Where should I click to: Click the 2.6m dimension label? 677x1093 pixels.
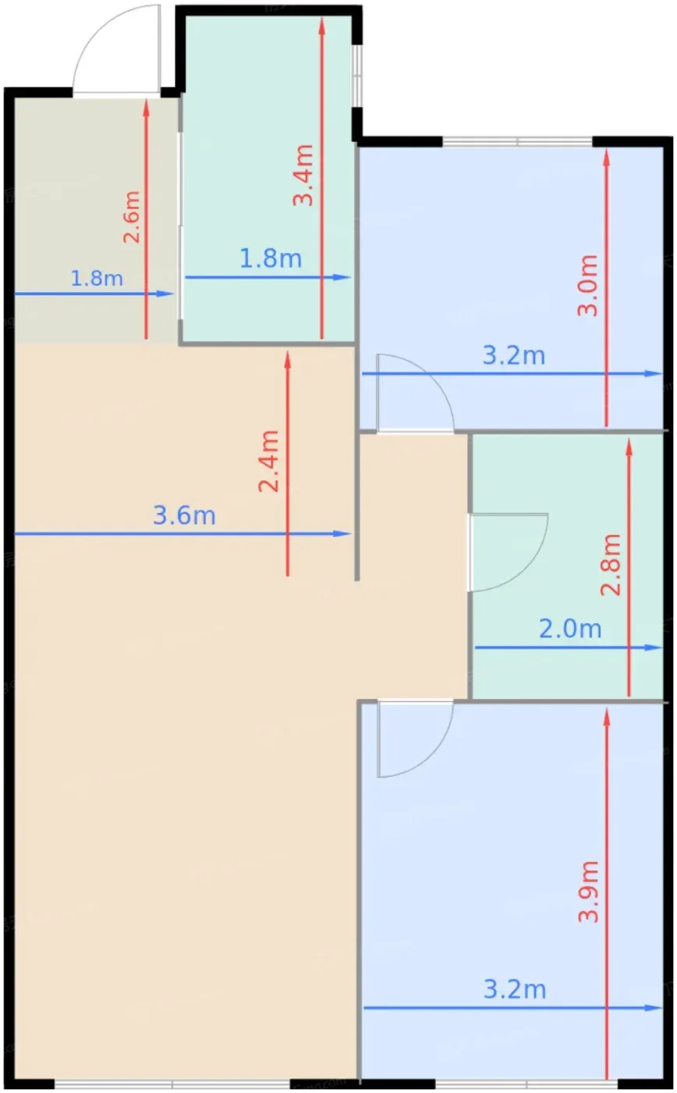coord(132,217)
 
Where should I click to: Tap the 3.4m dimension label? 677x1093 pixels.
coord(303,175)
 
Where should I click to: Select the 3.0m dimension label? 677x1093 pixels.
coord(588,286)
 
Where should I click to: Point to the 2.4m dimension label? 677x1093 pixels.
coord(268,461)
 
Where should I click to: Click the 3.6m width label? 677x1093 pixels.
coord(184,516)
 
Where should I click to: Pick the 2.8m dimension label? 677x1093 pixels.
coord(611,564)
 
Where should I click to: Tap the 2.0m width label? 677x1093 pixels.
coord(570,629)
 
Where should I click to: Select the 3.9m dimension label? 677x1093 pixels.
coord(588,892)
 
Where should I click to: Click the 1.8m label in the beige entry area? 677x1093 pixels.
coord(97,278)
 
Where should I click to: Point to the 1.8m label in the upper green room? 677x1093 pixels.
coord(271,258)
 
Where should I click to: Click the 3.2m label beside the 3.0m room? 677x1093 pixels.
coord(514,355)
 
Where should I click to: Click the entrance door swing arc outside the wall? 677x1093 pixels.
coord(97,30)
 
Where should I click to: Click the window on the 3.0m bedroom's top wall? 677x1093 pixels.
coord(518,141)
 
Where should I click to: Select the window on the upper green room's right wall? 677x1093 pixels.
coord(358,76)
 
